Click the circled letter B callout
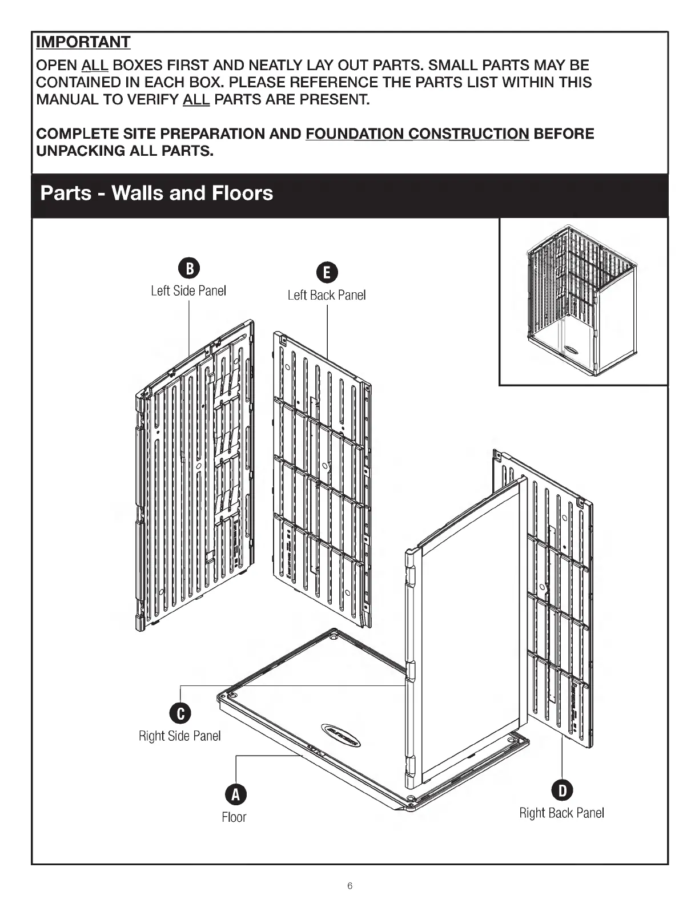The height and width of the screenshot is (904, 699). pos(188,268)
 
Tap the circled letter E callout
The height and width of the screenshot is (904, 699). pos(327,273)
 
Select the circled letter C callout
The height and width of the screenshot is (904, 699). pos(180,713)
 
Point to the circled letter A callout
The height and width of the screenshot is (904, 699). pos(234,794)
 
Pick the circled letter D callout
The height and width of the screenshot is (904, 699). pos(562,790)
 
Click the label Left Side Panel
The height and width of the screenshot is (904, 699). pos(188,290)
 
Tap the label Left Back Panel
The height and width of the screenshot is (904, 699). pos(327,295)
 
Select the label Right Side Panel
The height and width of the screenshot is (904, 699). pos(180,736)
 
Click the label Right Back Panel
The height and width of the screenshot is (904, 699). pos(562,813)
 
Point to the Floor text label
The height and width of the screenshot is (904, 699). pos(234,817)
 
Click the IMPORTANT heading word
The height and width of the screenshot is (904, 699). pos(83,42)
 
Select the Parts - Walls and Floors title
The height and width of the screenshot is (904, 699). pos(157,193)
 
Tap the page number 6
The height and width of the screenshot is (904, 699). pos(350,886)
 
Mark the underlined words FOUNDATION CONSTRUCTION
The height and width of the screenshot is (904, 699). pos(417,134)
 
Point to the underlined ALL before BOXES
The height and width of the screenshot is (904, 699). pos(95,66)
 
